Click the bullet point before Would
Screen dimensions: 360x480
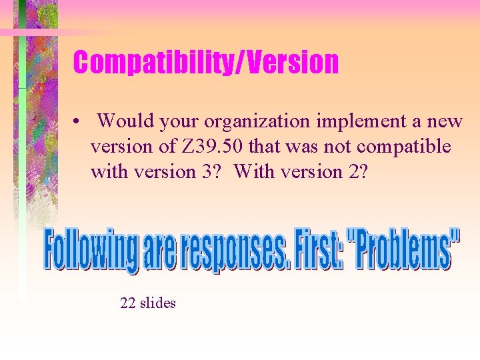click(78, 123)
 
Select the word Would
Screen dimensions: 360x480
click(126, 121)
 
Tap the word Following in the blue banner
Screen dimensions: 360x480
click(91, 251)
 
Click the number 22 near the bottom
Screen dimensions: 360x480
click(128, 303)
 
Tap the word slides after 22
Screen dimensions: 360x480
click(157, 303)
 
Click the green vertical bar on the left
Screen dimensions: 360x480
click(22, 167)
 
